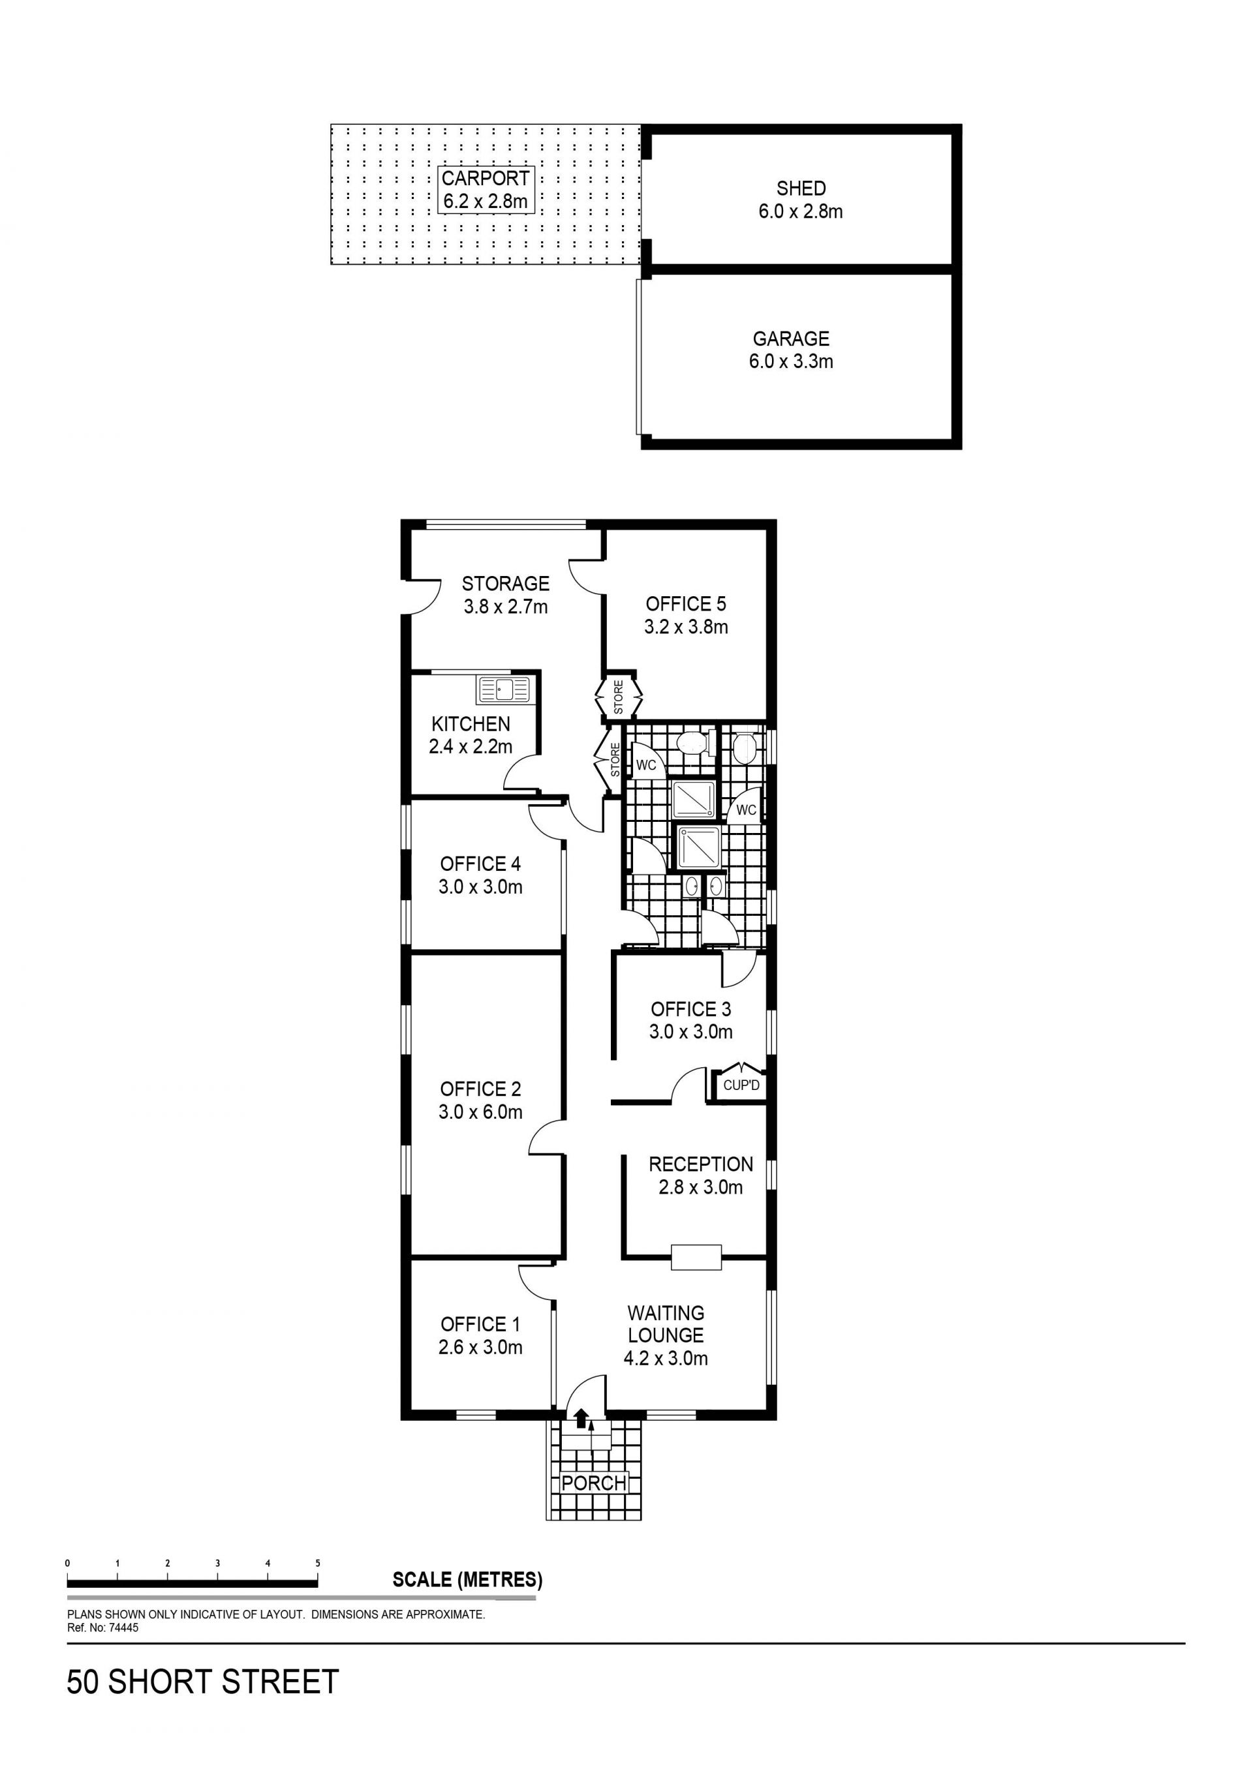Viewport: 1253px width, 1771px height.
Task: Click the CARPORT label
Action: (486, 178)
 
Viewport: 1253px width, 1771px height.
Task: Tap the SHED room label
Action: (801, 189)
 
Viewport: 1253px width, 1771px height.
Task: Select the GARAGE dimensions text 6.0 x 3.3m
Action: (791, 361)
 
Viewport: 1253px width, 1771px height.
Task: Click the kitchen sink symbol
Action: (503, 689)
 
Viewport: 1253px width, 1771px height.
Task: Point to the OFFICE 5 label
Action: (686, 604)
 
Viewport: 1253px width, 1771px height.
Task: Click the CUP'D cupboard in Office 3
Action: (741, 1085)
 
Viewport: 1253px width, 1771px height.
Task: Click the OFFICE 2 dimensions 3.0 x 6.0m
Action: (481, 1112)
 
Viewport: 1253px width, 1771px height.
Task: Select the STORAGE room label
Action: (505, 583)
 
